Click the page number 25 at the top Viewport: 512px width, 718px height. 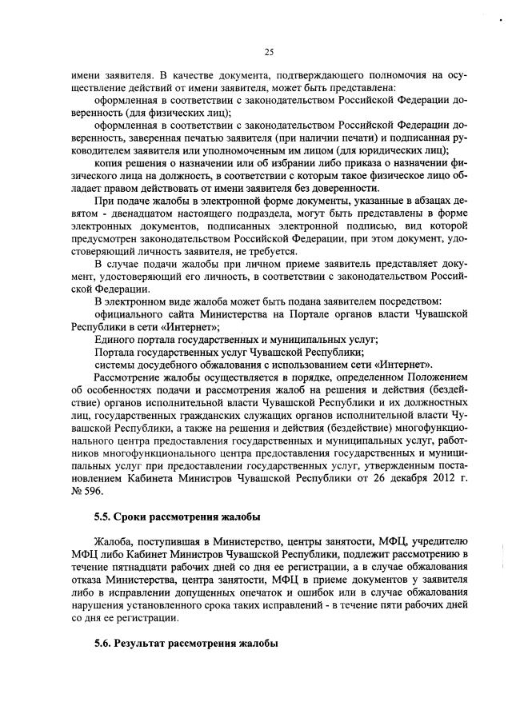pyautogui.click(x=269, y=52)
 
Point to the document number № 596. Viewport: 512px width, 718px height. pyautogui.click(x=82, y=488)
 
